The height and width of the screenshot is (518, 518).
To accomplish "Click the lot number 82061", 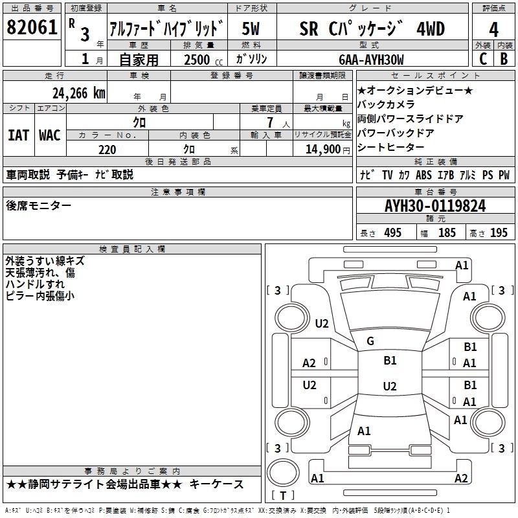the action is [x=32, y=27].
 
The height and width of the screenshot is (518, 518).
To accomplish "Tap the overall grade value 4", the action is [x=493, y=30].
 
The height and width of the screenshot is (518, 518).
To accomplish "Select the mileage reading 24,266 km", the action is [x=79, y=93].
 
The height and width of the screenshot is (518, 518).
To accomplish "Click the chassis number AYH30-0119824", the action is [x=435, y=206].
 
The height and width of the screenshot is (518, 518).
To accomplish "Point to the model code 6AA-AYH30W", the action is [x=371, y=60].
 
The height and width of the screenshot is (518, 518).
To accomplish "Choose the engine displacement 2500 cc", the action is [x=203, y=60].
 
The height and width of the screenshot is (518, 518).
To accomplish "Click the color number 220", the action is [x=107, y=150].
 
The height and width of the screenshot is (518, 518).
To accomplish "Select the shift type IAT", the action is [x=18, y=135].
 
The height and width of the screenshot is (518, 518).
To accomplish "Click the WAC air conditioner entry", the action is [x=50, y=135].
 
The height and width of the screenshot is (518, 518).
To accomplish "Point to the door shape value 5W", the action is [x=251, y=28].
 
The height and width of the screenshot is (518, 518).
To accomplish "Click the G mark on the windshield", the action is [x=370, y=341].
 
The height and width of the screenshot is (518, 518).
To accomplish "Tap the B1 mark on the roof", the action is [x=390, y=360].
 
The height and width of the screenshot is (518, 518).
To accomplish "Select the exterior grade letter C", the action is [x=483, y=59].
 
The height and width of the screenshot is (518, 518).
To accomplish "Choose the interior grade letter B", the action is [x=504, y=59].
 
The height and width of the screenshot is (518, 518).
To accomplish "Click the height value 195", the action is [x=499, y=232].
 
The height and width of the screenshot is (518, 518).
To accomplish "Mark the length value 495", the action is [x=393, y=232].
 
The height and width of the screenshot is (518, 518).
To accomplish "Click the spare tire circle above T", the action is [x=283, y=473].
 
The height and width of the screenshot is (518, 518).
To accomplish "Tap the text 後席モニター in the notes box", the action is [x=39, y=205].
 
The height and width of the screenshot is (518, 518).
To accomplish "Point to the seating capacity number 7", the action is [x=270, y=122].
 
